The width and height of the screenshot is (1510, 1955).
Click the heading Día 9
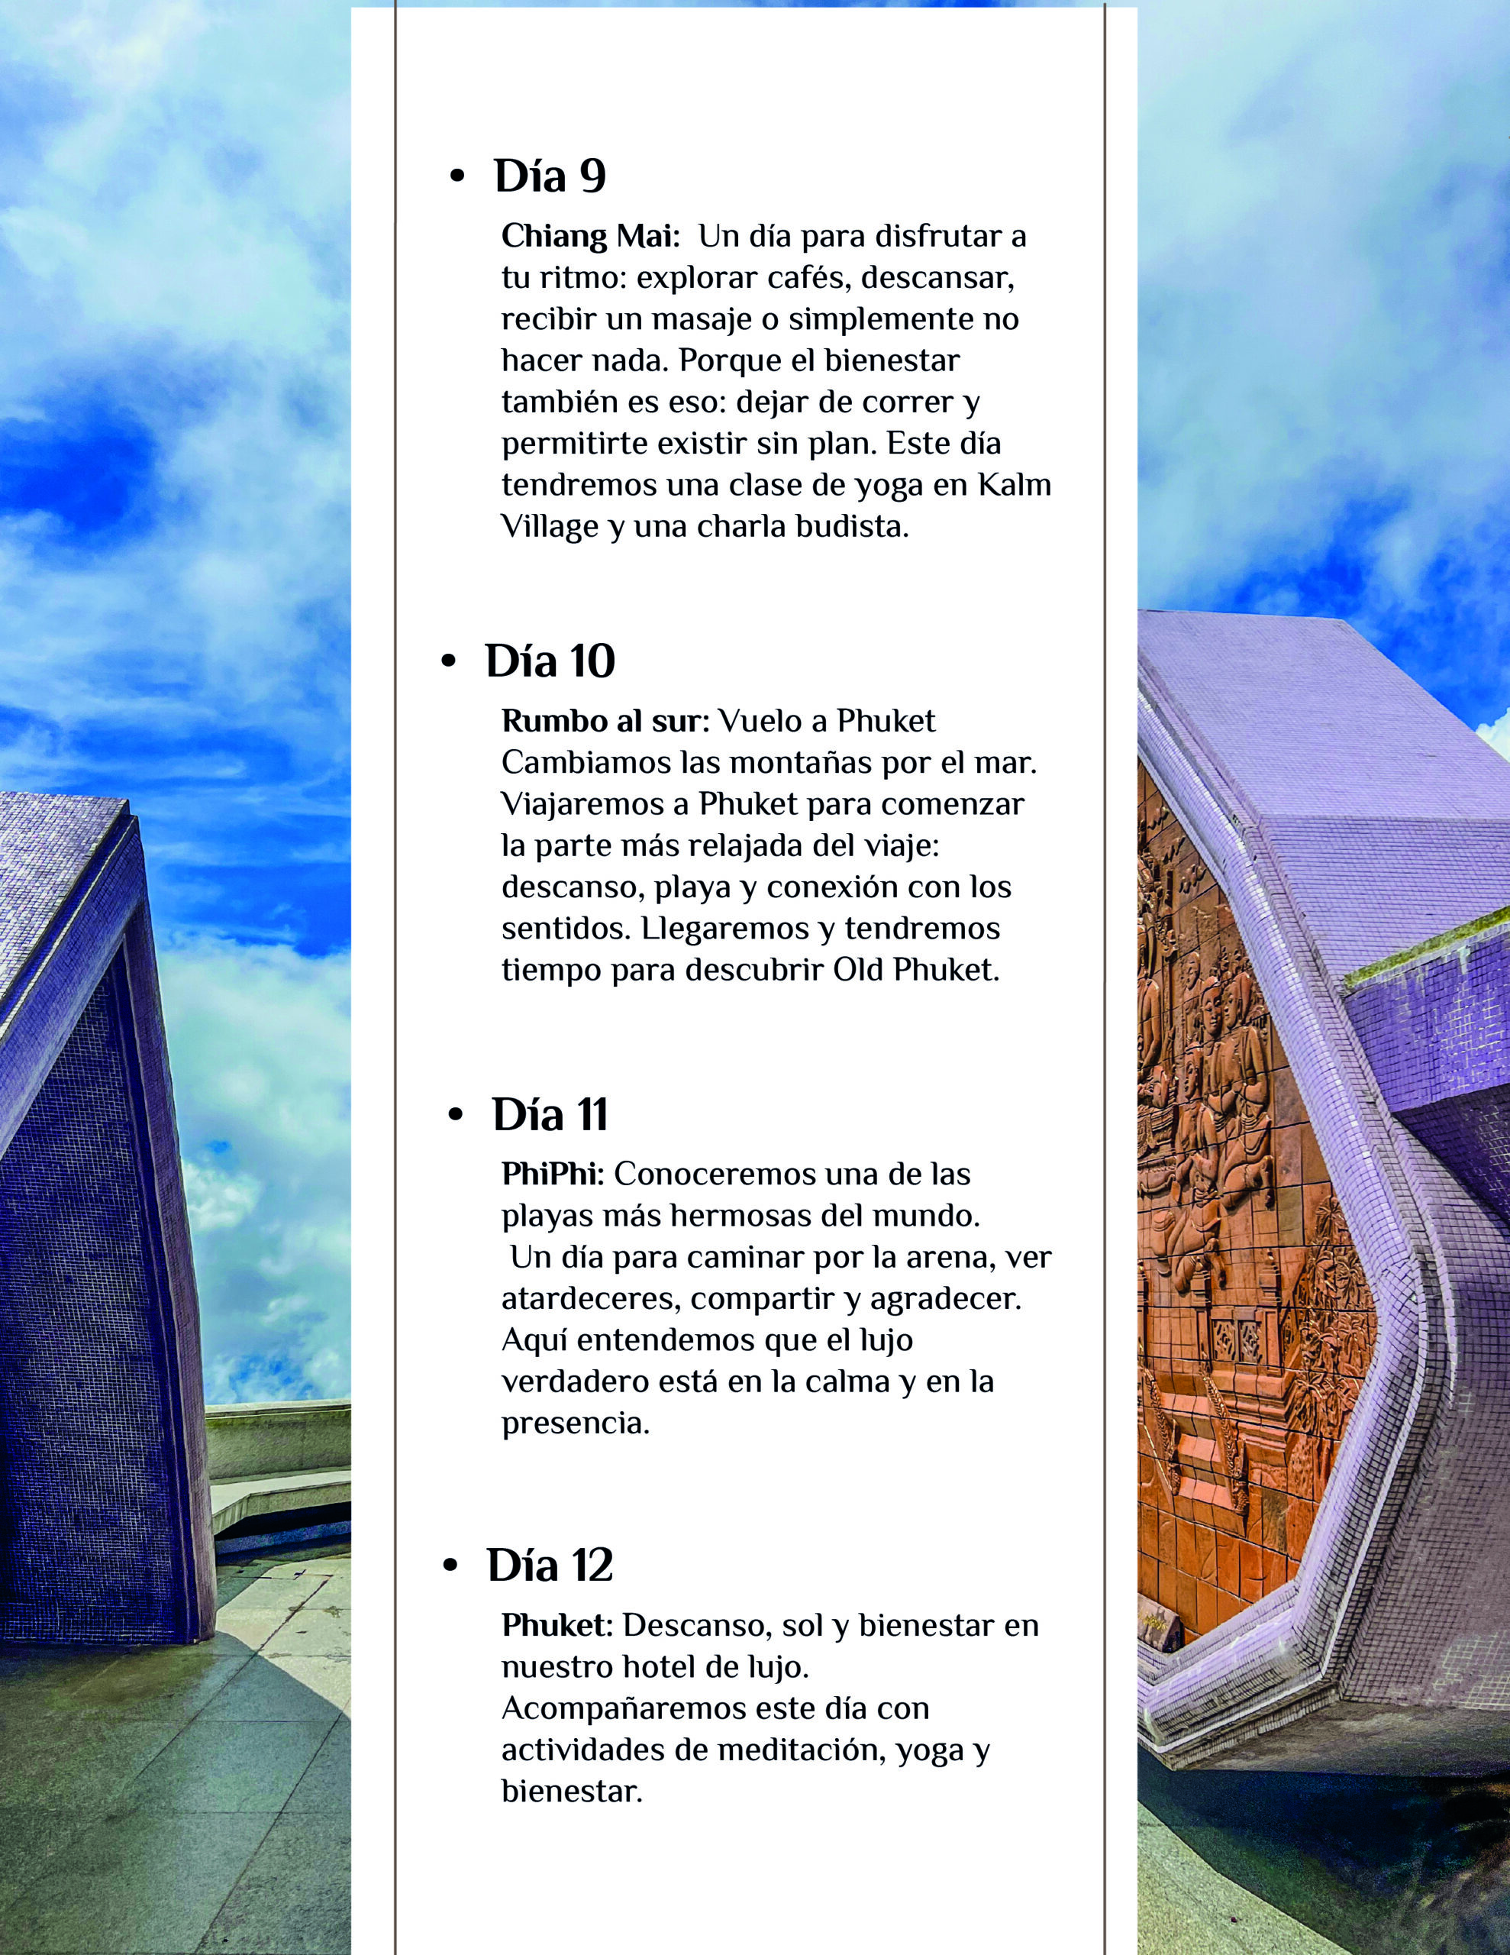pyautogui.click(x=550, y=176)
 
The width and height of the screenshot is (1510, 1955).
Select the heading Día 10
pyautogui.click(x=550, y=661)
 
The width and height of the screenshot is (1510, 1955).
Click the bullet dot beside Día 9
pyautogui.click(x=457, y=177)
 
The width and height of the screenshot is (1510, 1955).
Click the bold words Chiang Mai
pyautogui.click(x=590, y=236)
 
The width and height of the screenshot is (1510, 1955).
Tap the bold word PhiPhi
pyautogui.click(x=552, y=1174)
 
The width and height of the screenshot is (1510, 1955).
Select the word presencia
pyautogui.click(x=575, y=1423)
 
